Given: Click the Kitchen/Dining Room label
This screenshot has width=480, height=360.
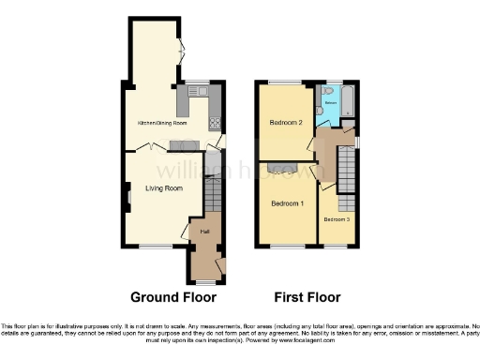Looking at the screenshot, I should point(162,123).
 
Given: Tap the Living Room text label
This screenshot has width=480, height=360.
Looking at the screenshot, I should point(162,187).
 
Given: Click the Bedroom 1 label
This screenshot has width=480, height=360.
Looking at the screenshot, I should point(287,203).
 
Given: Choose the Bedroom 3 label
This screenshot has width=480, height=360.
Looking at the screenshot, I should point(337,219).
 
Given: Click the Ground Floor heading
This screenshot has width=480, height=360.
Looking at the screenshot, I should point(169,297).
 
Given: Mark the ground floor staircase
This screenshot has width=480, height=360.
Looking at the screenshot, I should point(211,198).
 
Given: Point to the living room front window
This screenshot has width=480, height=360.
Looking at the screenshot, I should point(151,247).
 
